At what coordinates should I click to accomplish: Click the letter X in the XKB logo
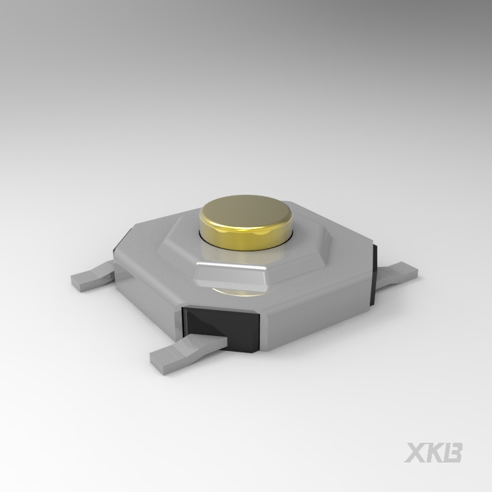(x=415, y=453)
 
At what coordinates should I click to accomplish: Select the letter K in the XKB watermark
(x=434, y=453)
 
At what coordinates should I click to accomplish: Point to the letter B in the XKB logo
(x=453, y=453)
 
